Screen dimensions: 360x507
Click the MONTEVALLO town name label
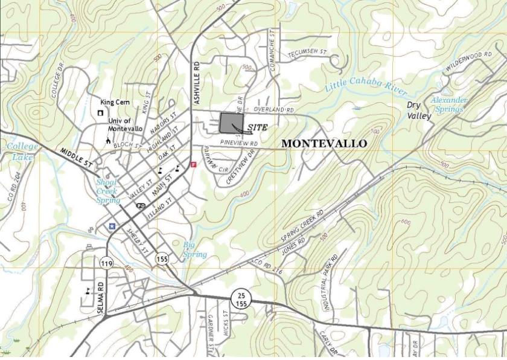(x=324, y=144)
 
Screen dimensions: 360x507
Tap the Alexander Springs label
(x=448, y=104)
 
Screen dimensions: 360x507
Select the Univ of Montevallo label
(x=125, y=124)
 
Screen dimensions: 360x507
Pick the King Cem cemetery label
(x=115, y=103)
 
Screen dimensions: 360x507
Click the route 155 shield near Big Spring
(x=161, y=258)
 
